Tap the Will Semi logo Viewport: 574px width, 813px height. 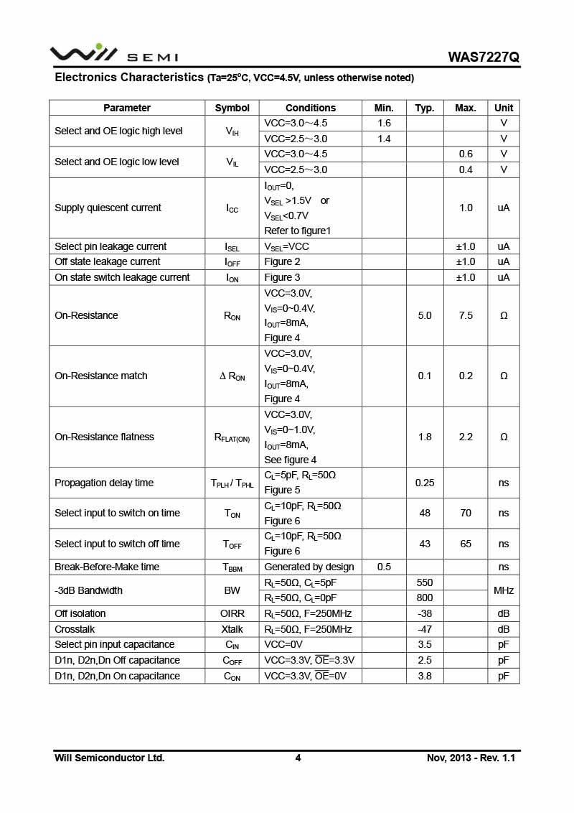113,54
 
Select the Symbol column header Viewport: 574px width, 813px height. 232,108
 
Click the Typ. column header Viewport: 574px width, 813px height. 425,108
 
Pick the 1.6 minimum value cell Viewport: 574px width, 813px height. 384,124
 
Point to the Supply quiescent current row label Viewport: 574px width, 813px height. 108,208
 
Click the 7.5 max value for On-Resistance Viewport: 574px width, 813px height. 466,315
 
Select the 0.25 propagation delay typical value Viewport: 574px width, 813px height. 425,483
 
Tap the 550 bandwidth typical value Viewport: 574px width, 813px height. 425,582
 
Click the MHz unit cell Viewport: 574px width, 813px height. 504,590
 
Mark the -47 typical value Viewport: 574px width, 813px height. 425,629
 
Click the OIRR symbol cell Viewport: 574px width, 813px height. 232,613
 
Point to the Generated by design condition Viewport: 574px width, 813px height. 309,567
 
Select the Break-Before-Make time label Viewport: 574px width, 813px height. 107,567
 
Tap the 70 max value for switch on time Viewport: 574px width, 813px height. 466,513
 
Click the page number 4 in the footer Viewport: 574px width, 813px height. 298,758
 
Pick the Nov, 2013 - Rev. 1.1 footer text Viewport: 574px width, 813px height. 471,758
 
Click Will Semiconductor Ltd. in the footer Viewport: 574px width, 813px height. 110,758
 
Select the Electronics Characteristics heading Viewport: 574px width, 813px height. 129,77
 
